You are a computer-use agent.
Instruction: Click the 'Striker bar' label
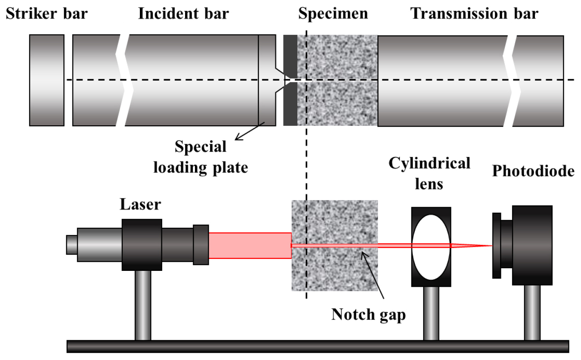pos(46,14)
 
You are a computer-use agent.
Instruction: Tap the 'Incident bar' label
pos(183,14)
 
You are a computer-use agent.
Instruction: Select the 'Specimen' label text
pos(334,14)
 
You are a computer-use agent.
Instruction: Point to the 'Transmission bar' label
pos(474,14)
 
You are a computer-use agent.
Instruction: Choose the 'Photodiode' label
pos(533,171)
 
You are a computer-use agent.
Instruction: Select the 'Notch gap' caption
pos(368,315)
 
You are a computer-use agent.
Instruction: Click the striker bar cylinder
pos(46,81)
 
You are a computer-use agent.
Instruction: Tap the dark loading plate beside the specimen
pos(290,103)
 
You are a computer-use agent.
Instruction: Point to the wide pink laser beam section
pos(250,245)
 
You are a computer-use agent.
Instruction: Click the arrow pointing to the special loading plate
pos(250,131)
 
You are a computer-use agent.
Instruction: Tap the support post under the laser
pos(142,305)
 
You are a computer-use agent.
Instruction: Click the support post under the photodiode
pos(532,312)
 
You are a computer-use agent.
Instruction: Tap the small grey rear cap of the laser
pos(71,245)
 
